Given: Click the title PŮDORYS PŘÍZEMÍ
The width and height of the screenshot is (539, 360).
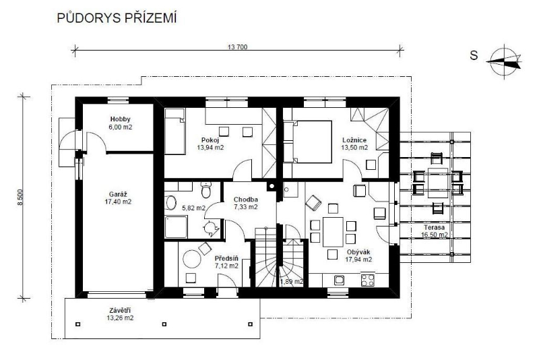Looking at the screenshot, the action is (x=117, y=18).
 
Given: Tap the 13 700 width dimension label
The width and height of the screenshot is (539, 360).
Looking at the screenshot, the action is (x=237, y=47).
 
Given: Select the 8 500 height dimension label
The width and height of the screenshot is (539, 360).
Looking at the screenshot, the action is (x=21, y=198).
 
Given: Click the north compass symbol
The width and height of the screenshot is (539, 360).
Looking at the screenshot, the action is (x=504, y=61).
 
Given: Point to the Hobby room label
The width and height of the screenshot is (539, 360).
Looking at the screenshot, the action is (x=121, y=119).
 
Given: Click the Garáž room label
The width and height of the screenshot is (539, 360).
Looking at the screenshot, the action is (x=118, y=195).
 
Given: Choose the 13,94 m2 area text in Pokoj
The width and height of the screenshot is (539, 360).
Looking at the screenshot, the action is (x=210, y=148).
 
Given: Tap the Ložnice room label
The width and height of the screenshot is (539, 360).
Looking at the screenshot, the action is (x=354, y=140).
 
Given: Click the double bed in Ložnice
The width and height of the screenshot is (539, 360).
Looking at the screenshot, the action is (x=308, y=142).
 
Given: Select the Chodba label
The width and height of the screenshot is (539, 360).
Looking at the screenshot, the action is (x=246, y=200).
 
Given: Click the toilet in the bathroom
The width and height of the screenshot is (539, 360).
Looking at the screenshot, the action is (x=206, y=190).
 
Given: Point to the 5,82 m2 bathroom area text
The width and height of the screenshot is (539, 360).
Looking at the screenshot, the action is (x=193, y=208).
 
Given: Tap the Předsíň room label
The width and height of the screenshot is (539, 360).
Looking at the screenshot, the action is (x=226, y=259).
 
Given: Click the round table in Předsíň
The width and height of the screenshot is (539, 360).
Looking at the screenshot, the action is (x=192, y=259).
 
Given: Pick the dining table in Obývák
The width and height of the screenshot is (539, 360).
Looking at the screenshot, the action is (x=333, y=232).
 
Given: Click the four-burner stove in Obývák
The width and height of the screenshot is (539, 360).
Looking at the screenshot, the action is (x=367, y=279).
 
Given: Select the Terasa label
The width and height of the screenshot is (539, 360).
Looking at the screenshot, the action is (x=434, y=228).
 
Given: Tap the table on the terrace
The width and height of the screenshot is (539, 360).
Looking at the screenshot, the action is (x=438, y=183).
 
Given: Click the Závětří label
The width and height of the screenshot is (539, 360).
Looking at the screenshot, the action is (x=120, y=311).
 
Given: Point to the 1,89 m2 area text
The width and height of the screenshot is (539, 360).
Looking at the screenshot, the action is (x=292, y=282).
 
